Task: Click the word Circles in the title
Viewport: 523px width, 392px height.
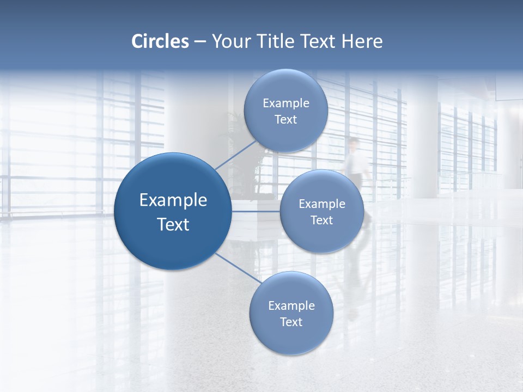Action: [x=160, y=41]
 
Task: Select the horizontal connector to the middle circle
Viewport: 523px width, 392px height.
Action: [x=256, y=211]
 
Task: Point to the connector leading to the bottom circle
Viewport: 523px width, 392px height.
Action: [x=238, y=268]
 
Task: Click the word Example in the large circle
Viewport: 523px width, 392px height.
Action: [x=173, y=200]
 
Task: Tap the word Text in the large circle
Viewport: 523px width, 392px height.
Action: [x=173, y=224]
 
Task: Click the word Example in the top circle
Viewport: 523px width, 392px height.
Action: [x=286, y=103]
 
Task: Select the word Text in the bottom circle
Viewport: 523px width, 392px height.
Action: [x=291, y=322]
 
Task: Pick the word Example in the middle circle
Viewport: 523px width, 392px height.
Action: [x=322, y=204]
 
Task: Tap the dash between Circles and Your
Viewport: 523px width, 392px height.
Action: [x=200, y=41]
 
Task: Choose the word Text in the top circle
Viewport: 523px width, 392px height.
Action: [x=286, y=120]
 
